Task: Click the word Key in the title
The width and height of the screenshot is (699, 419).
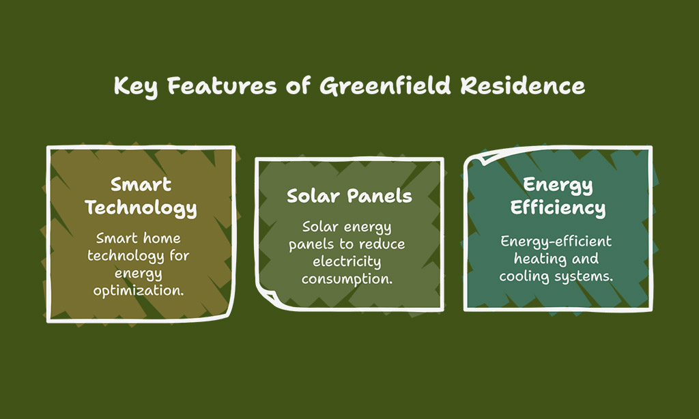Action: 136,87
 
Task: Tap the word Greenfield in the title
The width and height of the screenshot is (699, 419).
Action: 385,85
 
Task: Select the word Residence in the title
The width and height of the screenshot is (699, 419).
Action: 522,85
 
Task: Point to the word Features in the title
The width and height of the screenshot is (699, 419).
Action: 222,85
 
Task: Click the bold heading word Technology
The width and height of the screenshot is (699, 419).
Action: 141,207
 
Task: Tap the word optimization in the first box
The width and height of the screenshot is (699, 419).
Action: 139,291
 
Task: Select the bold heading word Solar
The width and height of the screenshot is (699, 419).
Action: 313,196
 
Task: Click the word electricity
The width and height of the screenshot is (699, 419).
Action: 347,261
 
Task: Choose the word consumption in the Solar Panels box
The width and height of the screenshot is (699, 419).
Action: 347,279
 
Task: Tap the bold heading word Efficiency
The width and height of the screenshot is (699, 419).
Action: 558,207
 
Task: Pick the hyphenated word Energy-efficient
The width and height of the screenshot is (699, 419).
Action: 556,241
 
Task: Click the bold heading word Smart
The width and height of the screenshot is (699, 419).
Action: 141,184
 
